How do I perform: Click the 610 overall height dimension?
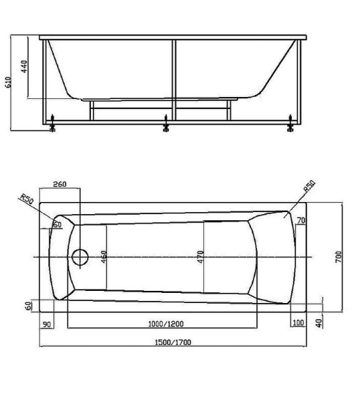[x=8, y=82]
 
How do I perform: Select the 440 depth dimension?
[x=24, y=67]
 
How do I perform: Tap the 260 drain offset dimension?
[x=59, y=184]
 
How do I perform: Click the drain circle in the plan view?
[x=80, y=257]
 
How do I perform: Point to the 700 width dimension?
[x=338, y=257]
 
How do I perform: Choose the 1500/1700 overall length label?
[x=173, y=343]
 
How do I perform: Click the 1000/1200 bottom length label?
[x=166, y=324]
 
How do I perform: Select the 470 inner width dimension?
[x=201, y=257]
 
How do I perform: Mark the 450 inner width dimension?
[x=104, y=257]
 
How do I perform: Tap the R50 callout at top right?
[x=310, y=186]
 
